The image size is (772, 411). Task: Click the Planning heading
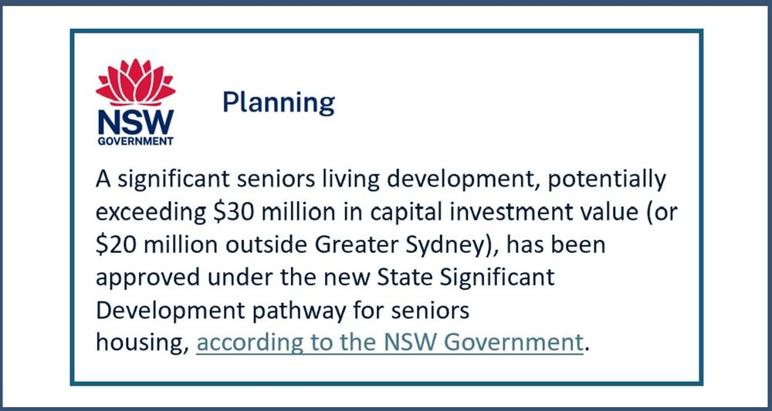(278, 103)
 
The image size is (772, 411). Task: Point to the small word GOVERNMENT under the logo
(135, 142)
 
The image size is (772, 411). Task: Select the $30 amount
(231, 213)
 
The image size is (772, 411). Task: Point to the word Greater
(351, 245)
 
